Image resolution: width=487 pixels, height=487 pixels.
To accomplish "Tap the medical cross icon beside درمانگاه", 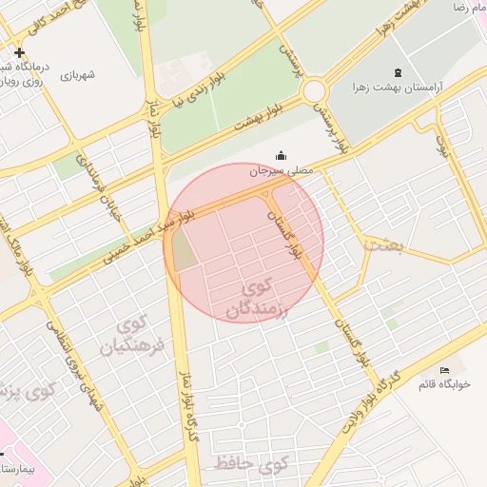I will (19, 52).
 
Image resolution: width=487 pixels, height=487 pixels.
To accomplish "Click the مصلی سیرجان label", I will (282, 172).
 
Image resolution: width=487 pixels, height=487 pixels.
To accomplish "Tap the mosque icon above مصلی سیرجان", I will (281, 155).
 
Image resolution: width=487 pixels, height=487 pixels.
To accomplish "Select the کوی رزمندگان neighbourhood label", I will (258, 299).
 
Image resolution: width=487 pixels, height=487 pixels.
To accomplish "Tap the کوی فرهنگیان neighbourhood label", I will (139, 335).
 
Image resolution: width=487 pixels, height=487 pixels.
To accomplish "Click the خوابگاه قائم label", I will (444, 384).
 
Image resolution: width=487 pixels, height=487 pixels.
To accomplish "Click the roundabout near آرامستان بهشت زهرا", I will (314, 91).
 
